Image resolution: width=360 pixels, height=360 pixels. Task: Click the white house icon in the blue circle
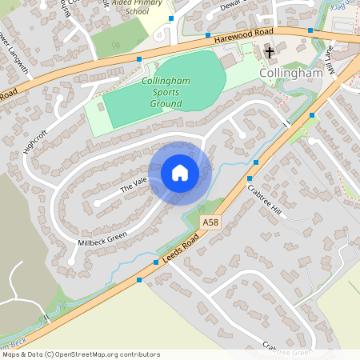[x=179, y=171]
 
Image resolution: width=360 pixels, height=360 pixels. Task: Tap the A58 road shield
[x=210, y=222]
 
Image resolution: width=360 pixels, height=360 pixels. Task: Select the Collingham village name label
[x=290, y=72]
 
